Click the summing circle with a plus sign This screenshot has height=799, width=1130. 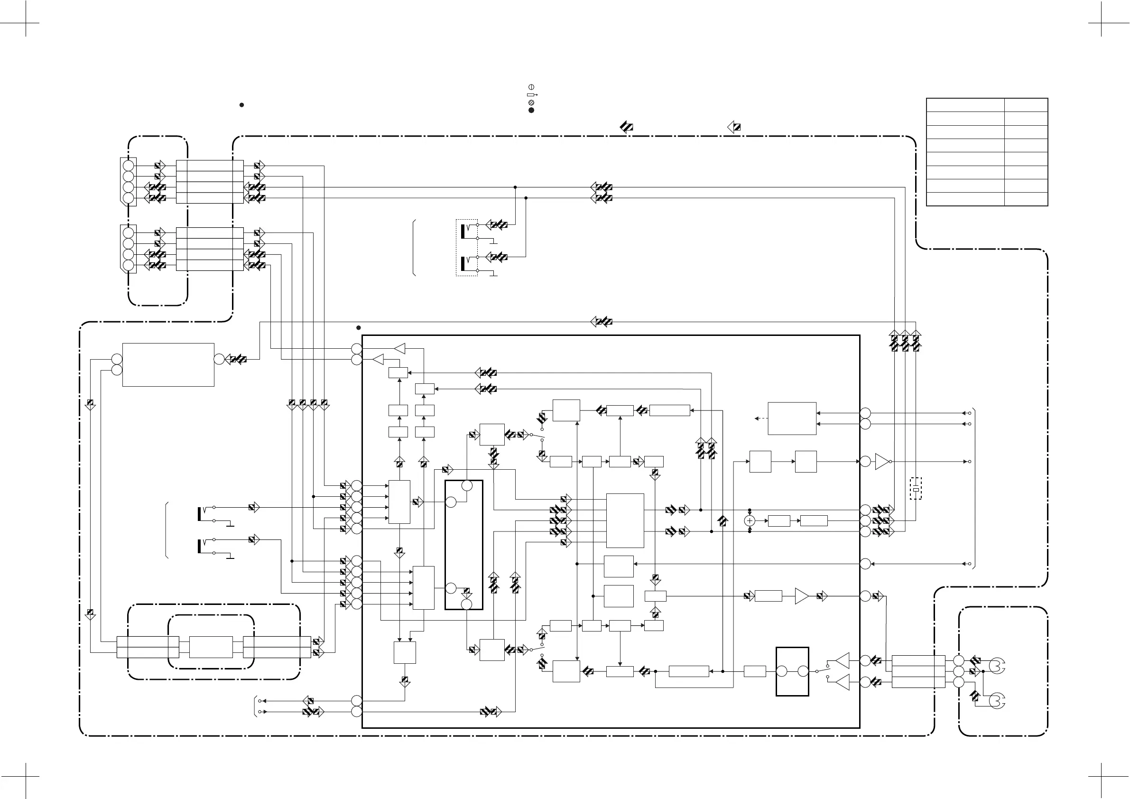click(x=750, y=520)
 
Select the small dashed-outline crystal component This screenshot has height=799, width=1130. click(x=916, y=488)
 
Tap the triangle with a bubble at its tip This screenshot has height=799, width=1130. click(x=882, y=462)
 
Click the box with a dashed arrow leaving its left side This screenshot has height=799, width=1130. click(x=792, y=418)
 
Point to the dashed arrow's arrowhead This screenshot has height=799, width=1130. click(x=757, y=418)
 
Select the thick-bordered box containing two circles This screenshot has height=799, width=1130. click(x=792, y=671)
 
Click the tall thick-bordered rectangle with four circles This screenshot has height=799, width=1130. click(x=463, y=545)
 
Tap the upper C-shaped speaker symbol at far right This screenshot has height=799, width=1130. click(x=997, y=666)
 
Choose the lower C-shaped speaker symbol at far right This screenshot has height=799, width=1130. click(x=997, y=701)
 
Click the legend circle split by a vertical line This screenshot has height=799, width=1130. click(x=531, y=87)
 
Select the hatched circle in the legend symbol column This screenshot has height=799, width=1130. click(x=531, y=102)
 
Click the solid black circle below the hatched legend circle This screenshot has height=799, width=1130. click(x=531, y=110)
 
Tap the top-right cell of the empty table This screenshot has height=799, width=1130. click(x=1026, y=105)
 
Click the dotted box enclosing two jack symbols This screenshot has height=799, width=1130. click(x=467, y=248)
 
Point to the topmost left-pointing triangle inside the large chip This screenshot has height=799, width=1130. click(x=399, y=349)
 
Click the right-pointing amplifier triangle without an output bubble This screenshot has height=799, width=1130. click(x=802, y=596)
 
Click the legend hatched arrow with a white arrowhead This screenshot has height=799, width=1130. click(x=734, y=127)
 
